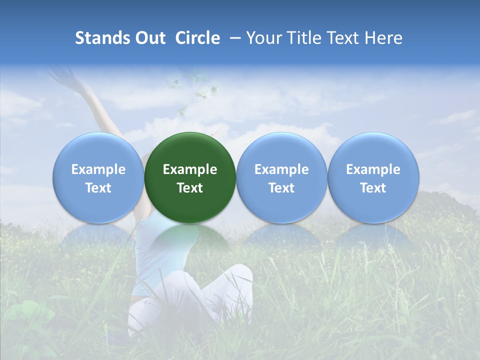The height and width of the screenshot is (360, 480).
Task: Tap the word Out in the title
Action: (x=148, y=38)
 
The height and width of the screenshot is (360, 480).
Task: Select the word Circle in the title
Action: (x=197, y=38)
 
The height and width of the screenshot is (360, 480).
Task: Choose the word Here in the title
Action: (x=384, y=38)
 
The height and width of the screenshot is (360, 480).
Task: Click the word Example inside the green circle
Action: (x=190, y=169)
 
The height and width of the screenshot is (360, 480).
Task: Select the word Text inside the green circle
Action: (x=190, y=188)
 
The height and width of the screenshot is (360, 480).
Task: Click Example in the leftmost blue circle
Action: (x=98, y=169)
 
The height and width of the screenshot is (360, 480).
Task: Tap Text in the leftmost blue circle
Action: (x=98, y=188)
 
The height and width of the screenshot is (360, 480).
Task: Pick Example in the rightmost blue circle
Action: (x=373, y=169)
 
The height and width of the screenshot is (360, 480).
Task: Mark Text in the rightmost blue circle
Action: (x=373, y=188)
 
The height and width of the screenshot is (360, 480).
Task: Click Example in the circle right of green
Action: (x=281, y=169)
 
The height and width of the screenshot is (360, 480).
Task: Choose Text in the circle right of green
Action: (x=281, y=188)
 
